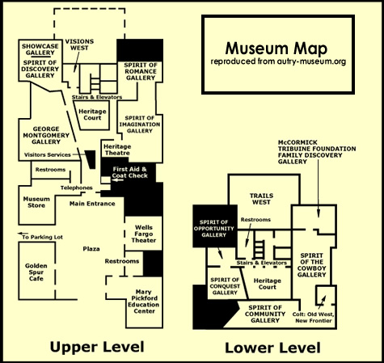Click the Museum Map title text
[276, 49]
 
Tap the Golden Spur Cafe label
[36, 272]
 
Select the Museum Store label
[36, 202]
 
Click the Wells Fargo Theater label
[144, 234]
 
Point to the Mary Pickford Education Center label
[144, 302]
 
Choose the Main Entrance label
[92, 204]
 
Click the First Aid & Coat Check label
[130, 172]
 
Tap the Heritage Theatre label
[117, 150]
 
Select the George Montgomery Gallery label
[46, 135]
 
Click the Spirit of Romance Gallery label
[141, 71]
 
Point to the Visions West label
[79, 44]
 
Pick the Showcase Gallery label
[40, 49]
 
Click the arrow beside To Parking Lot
[23, 234]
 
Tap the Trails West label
[261, 199]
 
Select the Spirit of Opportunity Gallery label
[213, 229]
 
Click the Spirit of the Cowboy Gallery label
[311, 265]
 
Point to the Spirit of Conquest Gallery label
[225, 286]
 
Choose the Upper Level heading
[97, 347]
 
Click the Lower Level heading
[272, 348]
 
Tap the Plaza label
[91, 249]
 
